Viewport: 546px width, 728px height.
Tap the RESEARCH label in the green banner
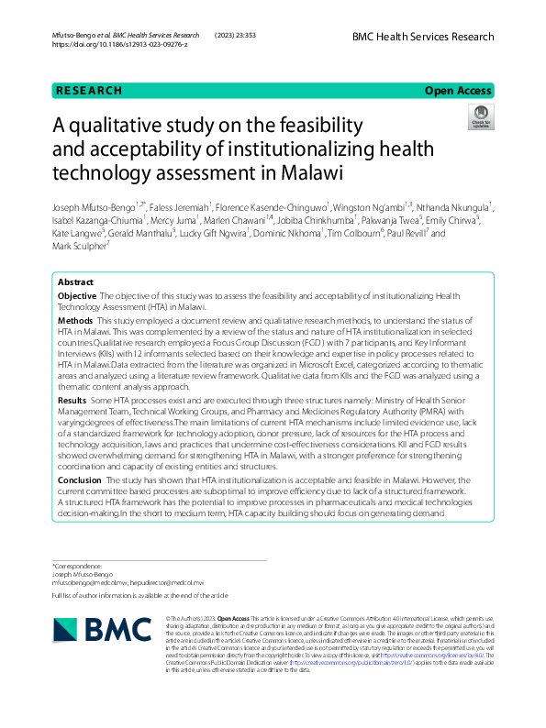tap(88, 91)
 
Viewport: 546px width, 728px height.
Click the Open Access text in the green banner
tap(458, 91)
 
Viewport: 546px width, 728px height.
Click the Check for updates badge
tap(481, 116)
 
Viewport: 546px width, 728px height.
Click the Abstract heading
tap(75, 282)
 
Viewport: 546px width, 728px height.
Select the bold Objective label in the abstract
tap(77, 296)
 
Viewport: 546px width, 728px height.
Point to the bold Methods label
tap(75, 321)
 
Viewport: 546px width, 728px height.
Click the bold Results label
tap(72, 401)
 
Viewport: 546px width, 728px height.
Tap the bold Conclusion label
tap(80, 479)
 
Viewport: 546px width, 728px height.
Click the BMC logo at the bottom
tap(102, 629)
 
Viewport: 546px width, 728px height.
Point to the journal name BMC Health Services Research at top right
tap(422, 37)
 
